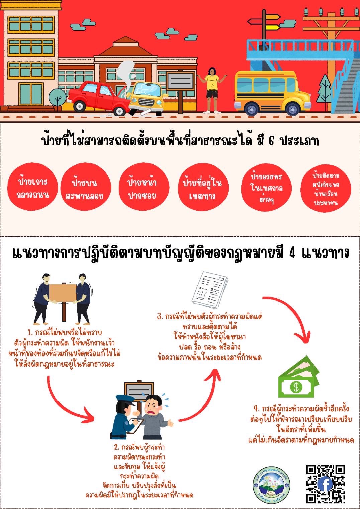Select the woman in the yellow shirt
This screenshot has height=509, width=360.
212,89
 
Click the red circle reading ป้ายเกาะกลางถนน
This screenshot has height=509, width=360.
32,188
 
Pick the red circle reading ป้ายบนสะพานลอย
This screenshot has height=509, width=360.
84,189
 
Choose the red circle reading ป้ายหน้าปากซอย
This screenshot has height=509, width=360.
142,189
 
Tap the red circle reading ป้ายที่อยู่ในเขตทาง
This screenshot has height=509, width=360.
202,189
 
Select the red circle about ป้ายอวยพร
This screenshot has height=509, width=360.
266,188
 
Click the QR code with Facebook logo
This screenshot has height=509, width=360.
326,484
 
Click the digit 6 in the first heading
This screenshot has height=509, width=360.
271,141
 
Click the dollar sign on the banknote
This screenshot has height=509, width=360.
296,387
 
